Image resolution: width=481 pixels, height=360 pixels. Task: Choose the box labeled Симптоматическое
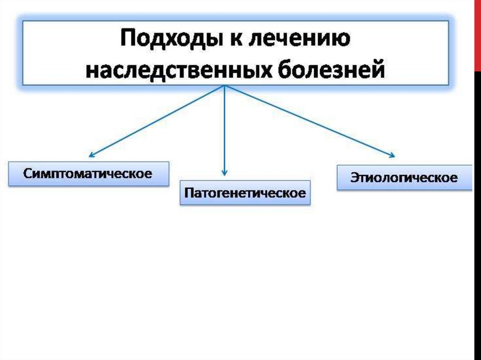pyautogui.click(x=88, y=174)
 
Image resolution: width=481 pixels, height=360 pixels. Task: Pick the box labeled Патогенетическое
pyautogui.click(x=245, y=192)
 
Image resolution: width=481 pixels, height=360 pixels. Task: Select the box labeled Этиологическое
pyautogui.click(x=404, y=177)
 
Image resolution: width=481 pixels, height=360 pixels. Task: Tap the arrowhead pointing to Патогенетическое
pyautogui.click(x=225, y=173)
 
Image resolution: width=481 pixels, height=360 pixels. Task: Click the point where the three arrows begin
pyautogui.click(x=225, y=86)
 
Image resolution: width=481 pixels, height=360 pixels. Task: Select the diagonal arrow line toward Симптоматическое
pyautogui.click(x=157, y=121)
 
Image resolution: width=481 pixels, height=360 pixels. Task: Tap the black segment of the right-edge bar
pyautogui.click(x=477, y=211)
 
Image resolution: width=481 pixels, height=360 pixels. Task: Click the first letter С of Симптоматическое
pyautogui.click(x=27, y=174)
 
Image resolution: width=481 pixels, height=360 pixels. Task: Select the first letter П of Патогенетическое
pyautogui.click(x=188, y=193)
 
